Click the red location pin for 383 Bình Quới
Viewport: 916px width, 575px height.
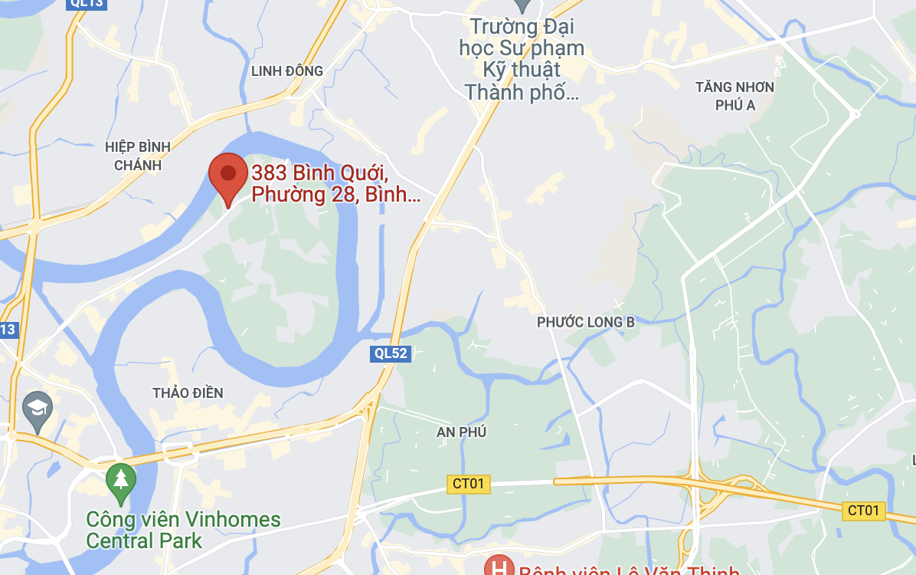tap(228, 176)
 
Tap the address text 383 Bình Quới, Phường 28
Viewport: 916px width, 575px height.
tap(335, 184)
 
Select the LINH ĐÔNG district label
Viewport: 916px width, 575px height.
tap(287, 71)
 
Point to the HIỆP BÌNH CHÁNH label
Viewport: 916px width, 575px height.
tap(139, 156)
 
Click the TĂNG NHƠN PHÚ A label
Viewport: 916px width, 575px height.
tap(734, 96)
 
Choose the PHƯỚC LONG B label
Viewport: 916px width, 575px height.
tap(586, 322)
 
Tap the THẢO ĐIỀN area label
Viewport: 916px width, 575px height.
tap(188, 393)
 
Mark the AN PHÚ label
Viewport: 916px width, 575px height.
tap(462, 432)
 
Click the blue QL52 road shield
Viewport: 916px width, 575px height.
tap(391, 353)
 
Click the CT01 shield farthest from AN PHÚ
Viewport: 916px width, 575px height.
tap(863, 511)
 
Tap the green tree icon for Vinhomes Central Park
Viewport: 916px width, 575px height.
tap(120, 480)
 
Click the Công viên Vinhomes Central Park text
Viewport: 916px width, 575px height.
tap(183, 530)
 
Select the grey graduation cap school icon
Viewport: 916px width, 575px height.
tap(36, 407)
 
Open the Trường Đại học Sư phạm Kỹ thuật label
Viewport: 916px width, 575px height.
tap(522, 60)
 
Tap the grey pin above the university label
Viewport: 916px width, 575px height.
tap(523, 5)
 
